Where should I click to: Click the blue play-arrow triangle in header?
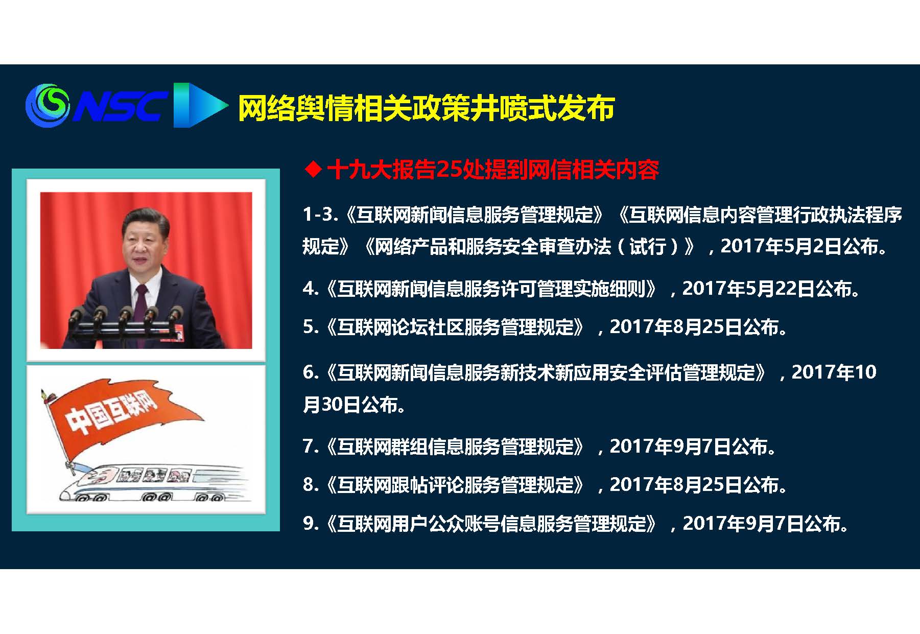(x=200, y=105)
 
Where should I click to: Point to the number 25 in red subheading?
(x=449, y=169)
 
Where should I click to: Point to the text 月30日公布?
(x=354, y=405)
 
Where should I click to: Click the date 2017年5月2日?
(x=781, y=246)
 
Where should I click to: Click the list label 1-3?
(x=320, y=214)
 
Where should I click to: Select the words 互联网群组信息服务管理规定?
(x=456, y=446)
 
